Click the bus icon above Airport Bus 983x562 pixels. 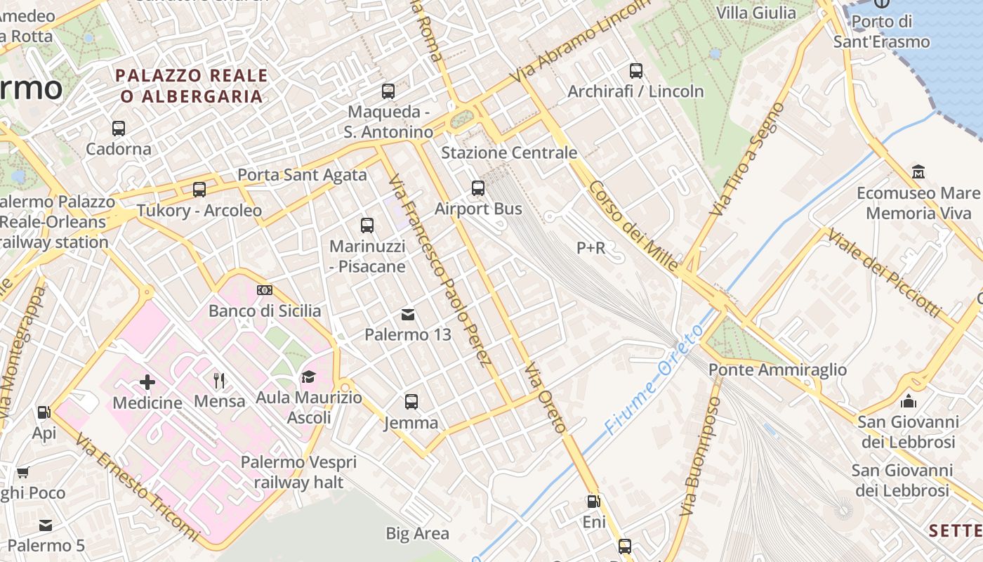[478, 188]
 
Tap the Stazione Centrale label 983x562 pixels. [509, 152]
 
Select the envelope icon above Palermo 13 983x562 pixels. [408, 314]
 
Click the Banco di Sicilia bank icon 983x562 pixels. [265, 290]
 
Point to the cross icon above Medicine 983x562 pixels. [147, 382]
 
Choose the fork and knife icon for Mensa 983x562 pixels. [220, 381]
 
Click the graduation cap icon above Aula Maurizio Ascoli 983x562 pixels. [308, 377]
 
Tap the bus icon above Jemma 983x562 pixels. [411, 402]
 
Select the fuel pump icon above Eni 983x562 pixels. [593, 502]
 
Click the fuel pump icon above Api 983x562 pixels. [44, 412]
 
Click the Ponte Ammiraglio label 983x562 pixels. [777, 370]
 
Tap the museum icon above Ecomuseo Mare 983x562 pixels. [918, 171]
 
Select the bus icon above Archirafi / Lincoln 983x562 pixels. [635, 70]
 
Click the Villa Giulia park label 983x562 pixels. [756, 13]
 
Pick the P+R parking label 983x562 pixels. [591, 247]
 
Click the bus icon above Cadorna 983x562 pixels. [119, 129]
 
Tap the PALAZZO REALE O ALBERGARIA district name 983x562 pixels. [192, 86]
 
